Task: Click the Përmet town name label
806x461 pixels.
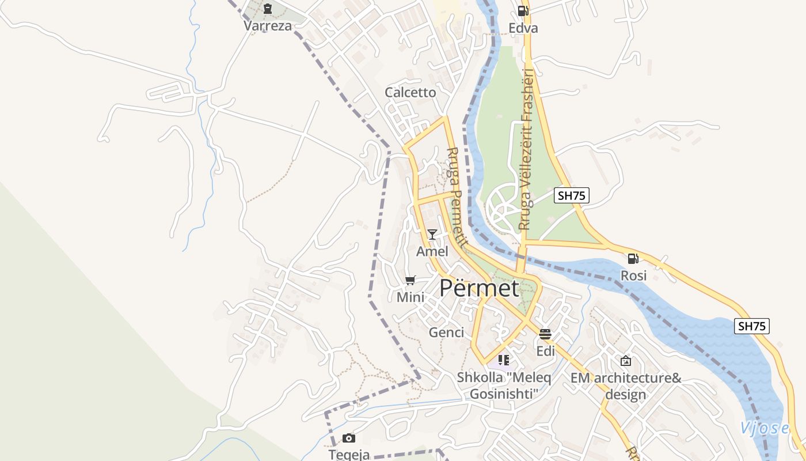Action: point(479,288)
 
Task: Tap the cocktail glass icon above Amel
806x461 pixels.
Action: point(432,234)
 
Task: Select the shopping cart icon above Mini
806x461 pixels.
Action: point(410,281)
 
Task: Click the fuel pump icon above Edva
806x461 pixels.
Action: point(523,10)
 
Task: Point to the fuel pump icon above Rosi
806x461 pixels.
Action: point(633,259)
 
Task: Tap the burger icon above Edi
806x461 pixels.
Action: point(545,334)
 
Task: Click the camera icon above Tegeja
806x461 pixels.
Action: point(349,438)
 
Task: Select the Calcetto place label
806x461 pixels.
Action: point(410,92)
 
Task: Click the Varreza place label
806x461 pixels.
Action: point(268,26)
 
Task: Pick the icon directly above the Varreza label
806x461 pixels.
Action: point(268,9)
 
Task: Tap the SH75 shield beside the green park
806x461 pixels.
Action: point(572,195)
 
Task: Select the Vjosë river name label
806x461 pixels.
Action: point(764,428)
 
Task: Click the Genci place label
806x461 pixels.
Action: point(446,332)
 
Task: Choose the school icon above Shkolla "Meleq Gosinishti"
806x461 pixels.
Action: point(504,360)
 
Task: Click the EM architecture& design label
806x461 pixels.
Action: point(626,386)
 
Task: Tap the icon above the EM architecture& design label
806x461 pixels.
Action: point(626,361)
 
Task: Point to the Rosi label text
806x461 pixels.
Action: point(633,276)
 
